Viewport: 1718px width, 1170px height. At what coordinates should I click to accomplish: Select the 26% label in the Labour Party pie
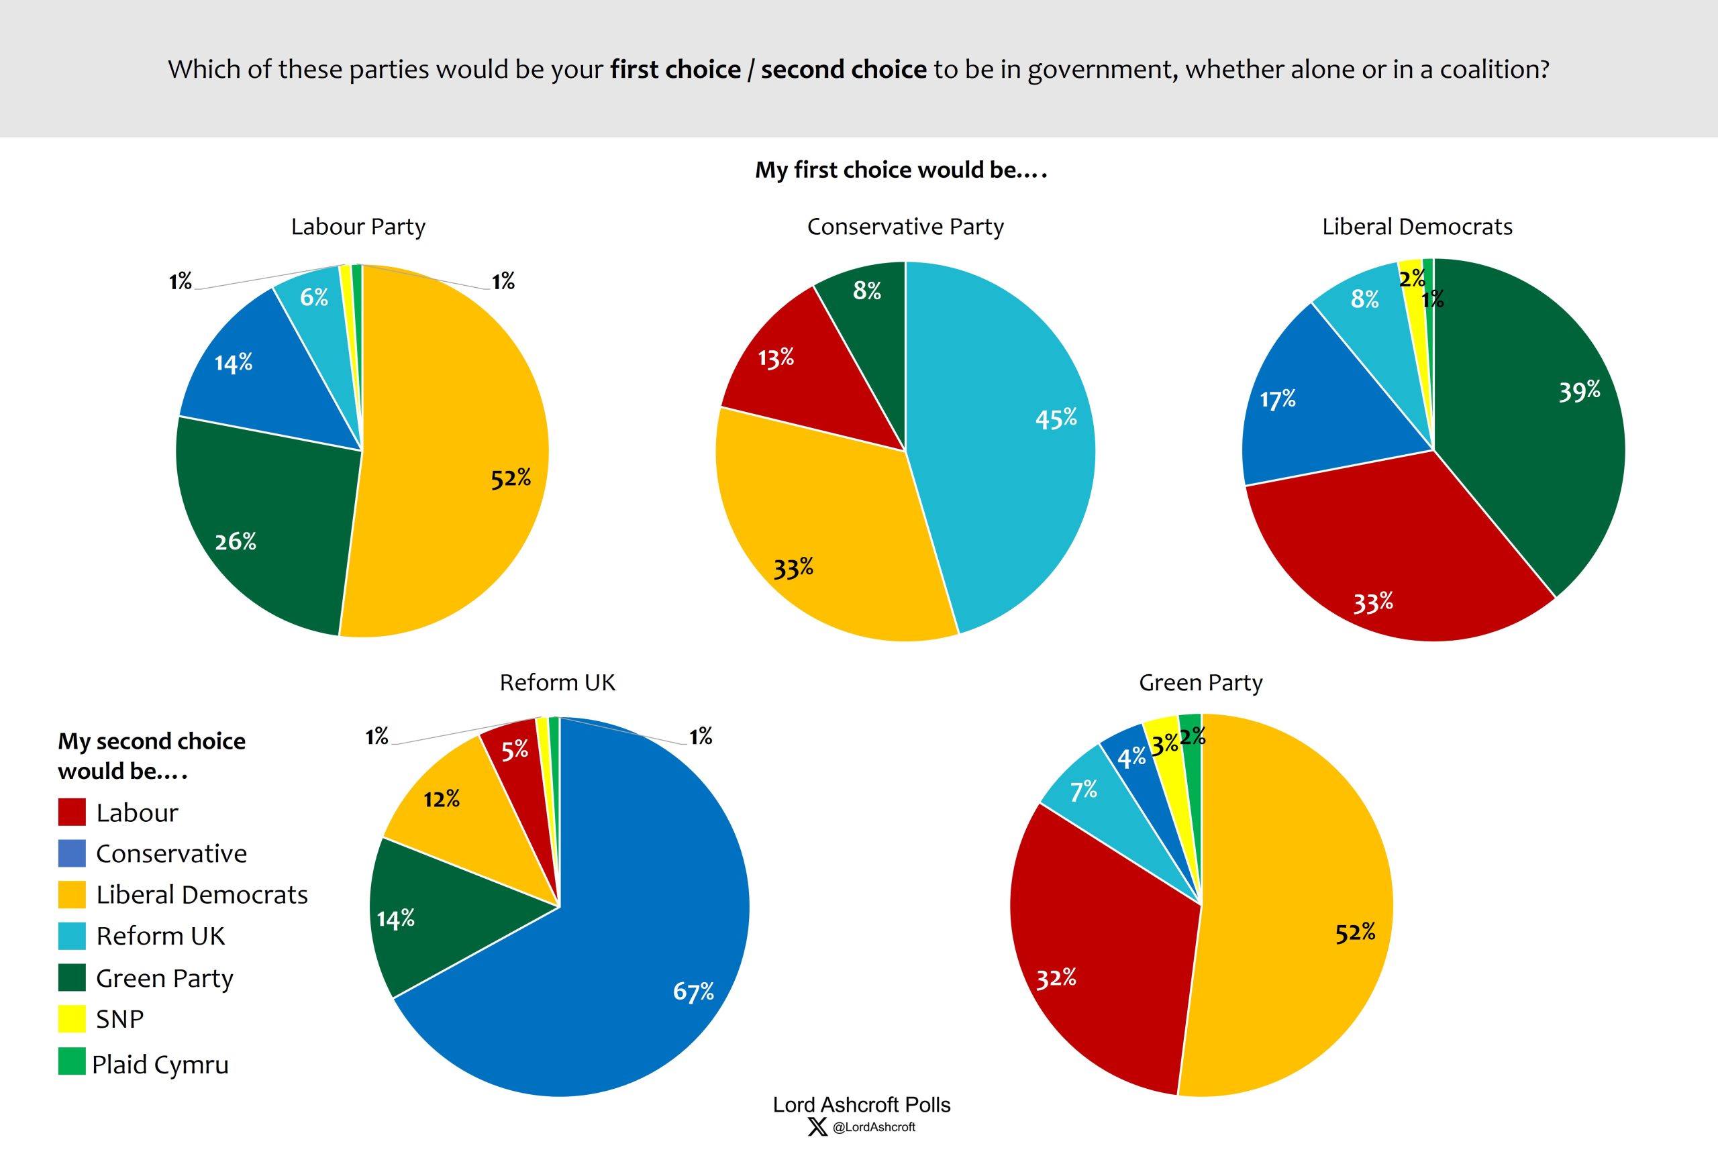coord(235,542)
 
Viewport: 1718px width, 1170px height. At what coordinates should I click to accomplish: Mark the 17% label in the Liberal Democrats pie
coord(1277,400)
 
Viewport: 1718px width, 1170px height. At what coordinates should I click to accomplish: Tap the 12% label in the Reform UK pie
coord(442,799)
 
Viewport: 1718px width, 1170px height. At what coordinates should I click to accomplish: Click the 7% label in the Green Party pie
coord(1083,791)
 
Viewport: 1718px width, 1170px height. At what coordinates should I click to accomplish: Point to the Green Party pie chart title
coord(1201,682)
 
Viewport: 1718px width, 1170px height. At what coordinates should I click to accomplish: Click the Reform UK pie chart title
coord(558,682)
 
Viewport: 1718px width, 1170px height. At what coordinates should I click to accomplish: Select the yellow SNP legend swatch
coord(72,1018)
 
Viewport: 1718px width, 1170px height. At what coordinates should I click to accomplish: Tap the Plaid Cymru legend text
coord(160,1064)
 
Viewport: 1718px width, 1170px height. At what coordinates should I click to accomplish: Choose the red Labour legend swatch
coord(72,812)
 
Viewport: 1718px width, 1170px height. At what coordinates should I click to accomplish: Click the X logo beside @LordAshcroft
coord(817,1127)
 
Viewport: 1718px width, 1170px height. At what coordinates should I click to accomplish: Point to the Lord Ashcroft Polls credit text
coord(861,1105)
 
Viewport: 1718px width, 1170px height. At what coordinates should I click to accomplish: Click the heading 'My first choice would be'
coord(901,170)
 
